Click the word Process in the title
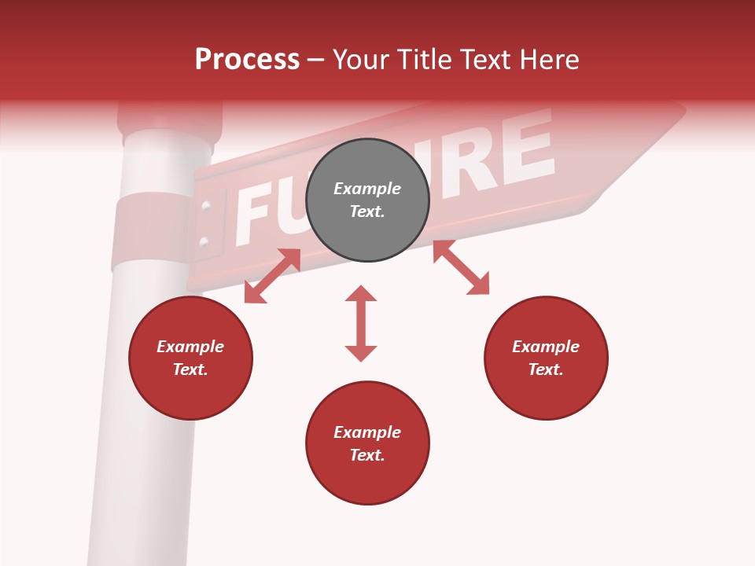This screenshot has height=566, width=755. coord(247,60)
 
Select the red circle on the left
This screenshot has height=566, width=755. coord(190,358)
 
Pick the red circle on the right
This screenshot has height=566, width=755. coord(546,358)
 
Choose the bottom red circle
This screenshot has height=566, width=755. coord(367,443)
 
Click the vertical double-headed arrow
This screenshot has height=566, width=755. coord(361,323)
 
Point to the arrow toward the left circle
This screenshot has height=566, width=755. coord(272,276)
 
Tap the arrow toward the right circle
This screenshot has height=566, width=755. coord(461,267)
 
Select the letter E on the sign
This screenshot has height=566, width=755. coord(525,145)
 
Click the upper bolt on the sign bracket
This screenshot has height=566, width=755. coord(206,207)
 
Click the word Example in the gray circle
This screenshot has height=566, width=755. coord(367,189)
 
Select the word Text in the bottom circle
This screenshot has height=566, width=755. coord(367,455)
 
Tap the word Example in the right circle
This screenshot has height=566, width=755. coord(546,347)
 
